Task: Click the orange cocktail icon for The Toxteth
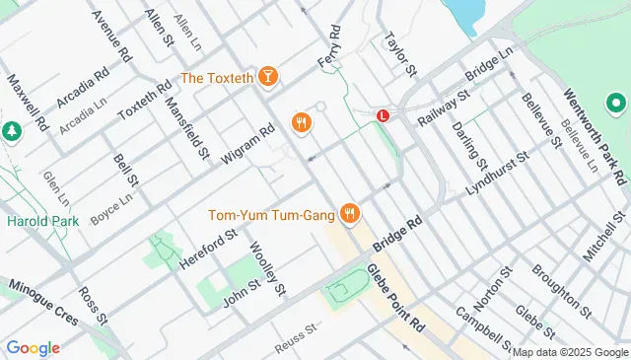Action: (268, 77)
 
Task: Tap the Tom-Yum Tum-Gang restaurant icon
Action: (349, 213)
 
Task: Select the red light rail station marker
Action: (383, 115)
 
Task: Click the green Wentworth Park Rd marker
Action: (617, 102)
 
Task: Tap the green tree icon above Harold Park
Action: (11, 130)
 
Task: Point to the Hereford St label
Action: (209, 251)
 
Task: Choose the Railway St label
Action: (440, 108)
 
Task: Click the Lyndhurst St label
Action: (499, 173)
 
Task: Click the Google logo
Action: (33, 347)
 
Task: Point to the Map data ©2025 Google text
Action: (569, 352)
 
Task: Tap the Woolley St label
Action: (266, 268)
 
